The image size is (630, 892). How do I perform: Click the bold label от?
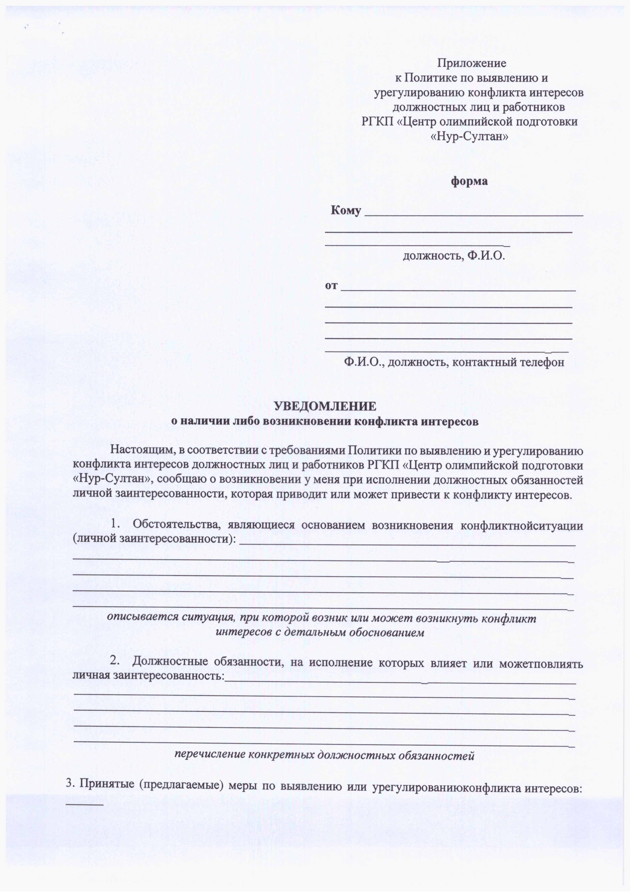pyautogui.click(x=331, y=286)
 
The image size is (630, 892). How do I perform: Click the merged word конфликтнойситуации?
pyautogui.click(x=521, y=525)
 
